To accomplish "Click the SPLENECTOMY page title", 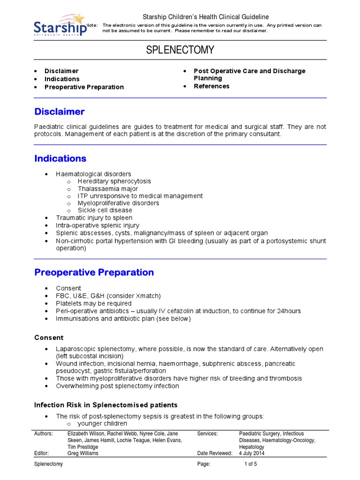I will pos(180,50).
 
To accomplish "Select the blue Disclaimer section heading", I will pos(60,112).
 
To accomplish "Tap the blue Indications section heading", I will pos(60,158).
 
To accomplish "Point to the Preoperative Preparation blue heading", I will pos(94,272).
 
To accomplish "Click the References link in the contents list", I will pos(211,86).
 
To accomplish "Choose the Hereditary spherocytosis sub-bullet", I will pos(114,181).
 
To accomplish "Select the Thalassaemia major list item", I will pos(108,189).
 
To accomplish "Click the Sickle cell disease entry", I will pos(105,210).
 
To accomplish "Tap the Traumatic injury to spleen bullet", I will pos(94,218).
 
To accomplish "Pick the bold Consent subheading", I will pos(49,337).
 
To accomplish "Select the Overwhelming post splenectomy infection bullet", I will pos(117,386).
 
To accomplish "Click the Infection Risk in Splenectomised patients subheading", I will pos(106,405).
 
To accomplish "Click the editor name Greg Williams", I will pos(83,453).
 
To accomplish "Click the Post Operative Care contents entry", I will pos(249,71).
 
